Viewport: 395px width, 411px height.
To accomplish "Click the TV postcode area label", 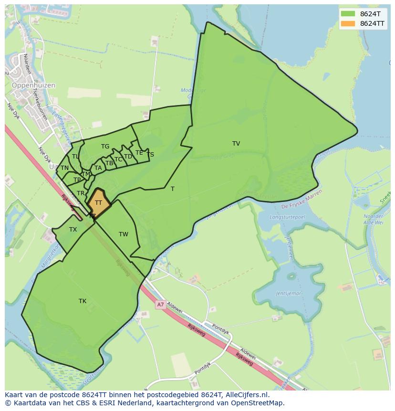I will (236, 144).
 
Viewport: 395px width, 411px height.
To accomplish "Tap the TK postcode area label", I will (83, 301).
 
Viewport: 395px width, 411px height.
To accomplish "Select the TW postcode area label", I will (124, 234).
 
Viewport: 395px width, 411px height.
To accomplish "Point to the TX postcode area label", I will (73, 230).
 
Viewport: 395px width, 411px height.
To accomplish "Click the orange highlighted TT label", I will (98, 203).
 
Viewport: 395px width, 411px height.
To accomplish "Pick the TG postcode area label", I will (105, 147).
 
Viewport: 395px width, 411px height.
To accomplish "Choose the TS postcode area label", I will (150, 155).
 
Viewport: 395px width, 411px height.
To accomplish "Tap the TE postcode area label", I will (139, 153).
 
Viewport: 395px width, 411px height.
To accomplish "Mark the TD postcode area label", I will (128, 157).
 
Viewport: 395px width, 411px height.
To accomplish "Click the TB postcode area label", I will (109, 163).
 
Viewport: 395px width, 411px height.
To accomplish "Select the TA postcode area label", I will (98, 168).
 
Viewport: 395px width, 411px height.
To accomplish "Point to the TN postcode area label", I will (64, 168).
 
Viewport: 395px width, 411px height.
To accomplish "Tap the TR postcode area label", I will (81, 193).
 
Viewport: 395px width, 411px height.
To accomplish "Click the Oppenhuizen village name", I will (33, 85).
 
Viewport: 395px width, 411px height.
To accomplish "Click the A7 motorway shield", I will (160, 304).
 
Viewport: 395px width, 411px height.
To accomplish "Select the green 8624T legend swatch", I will (348, 14).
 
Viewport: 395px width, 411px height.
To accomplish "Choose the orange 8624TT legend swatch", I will (348, 23).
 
